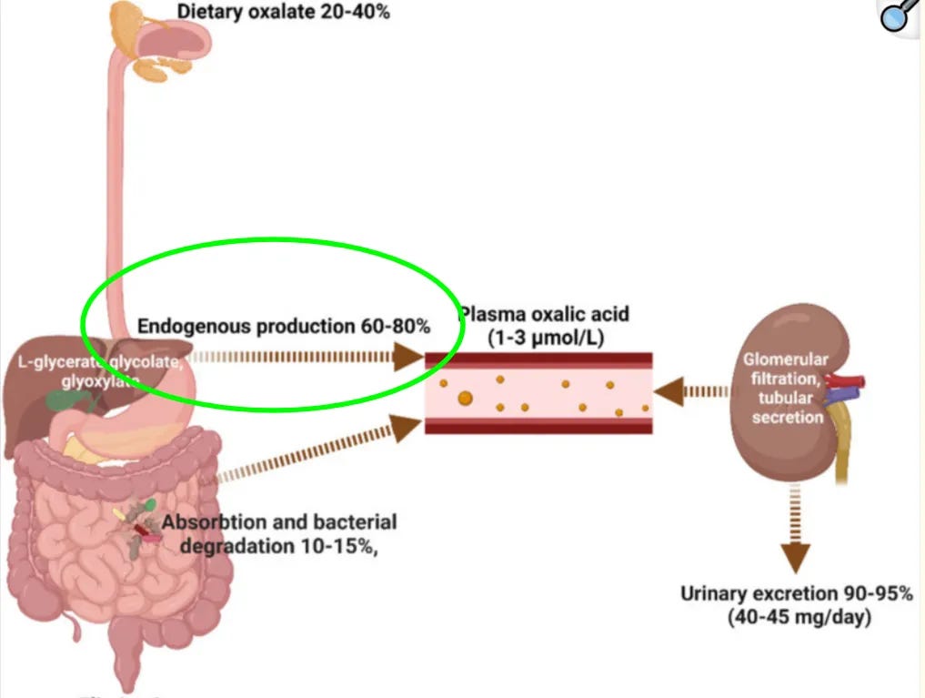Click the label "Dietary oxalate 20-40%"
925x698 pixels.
click(283, 12)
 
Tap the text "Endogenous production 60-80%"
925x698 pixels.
click(284, 326)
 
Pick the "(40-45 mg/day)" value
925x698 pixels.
click(799, 618)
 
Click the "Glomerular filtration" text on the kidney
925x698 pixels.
click(785, 369)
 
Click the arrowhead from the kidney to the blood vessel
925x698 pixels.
click(669, 392)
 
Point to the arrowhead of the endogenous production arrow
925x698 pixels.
click(407, 357)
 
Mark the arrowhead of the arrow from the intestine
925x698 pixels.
click(406, 425)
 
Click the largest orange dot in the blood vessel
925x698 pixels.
click(465, 398)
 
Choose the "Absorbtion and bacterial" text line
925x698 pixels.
click(280, 522)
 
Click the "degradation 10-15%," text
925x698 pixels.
click(278, 546)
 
